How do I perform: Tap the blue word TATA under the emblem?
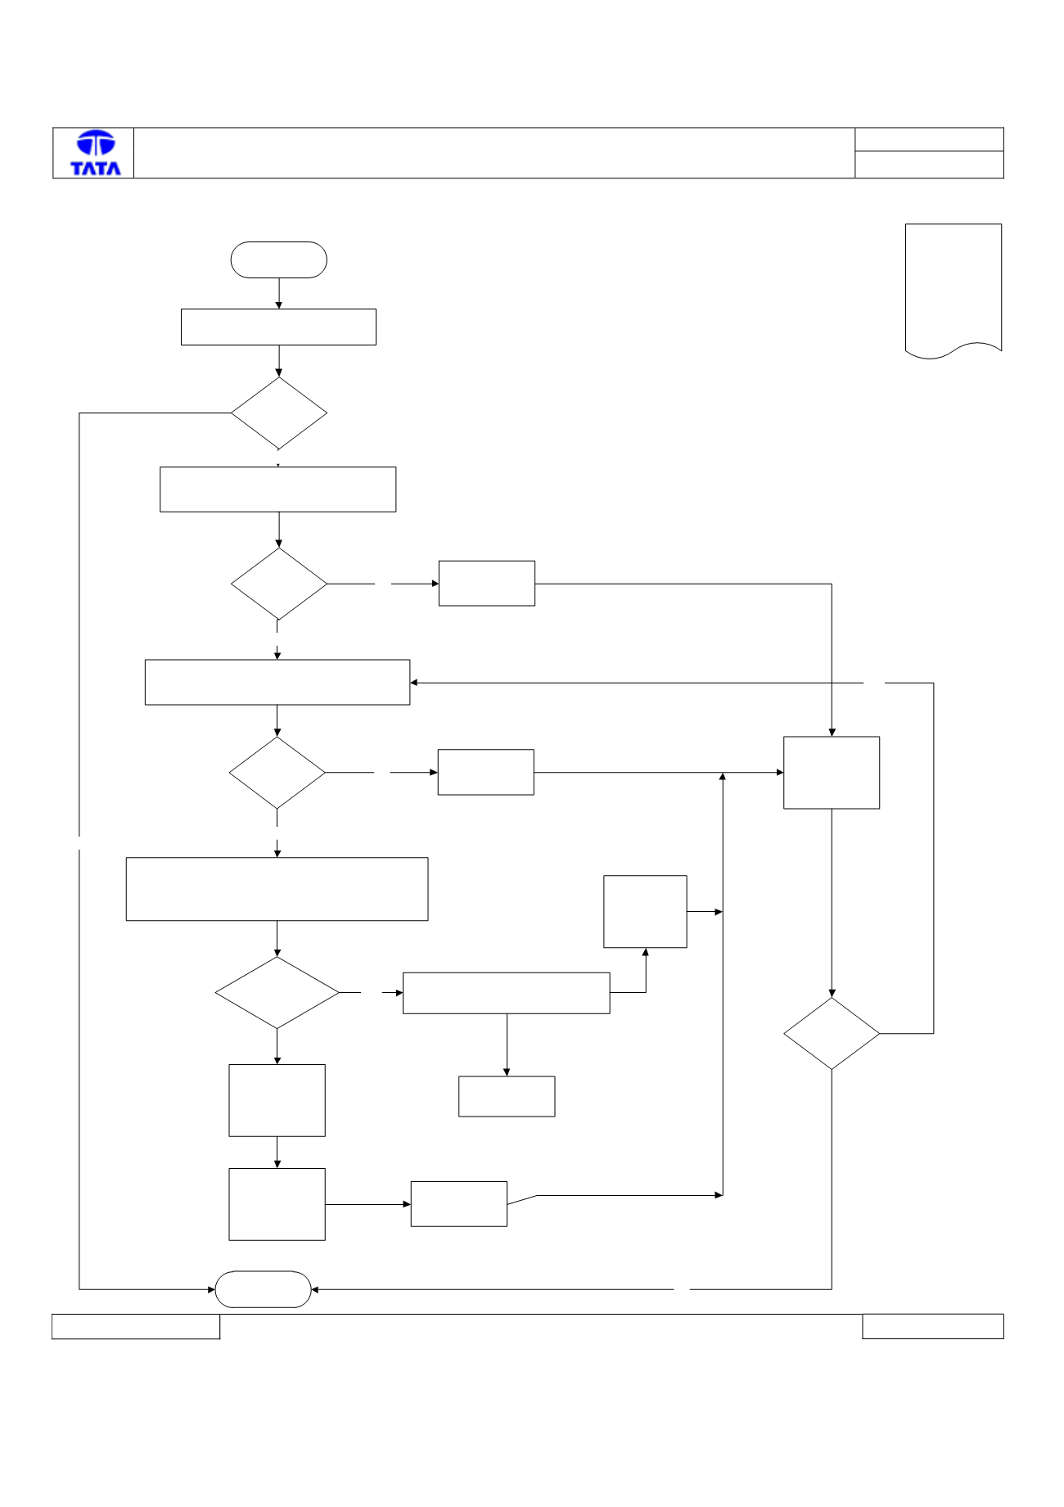coord(96,168)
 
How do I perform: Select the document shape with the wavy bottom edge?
coord(954,291)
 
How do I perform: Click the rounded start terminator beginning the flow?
coord(279,259)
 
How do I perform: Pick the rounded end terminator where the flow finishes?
coord(263,1289)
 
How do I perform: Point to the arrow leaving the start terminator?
coord(279,293)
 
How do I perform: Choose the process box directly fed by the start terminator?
coord(278,327)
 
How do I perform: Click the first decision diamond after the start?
coord(279,413)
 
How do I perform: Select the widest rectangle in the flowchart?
coord(277,889)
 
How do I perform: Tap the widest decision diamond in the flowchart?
coord(277,992)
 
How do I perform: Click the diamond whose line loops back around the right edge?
coord(832,1033)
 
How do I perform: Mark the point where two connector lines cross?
coord(832,683)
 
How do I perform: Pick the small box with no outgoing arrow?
coord(507,1096)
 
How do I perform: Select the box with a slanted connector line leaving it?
coord(458,1203)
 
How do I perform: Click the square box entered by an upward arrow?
coord(645,911)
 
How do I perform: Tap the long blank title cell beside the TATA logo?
coord(494,153)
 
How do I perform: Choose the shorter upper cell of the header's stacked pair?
coord(929,139)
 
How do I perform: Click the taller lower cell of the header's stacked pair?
coord(929,165)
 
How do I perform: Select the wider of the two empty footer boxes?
coord(136,1326)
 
